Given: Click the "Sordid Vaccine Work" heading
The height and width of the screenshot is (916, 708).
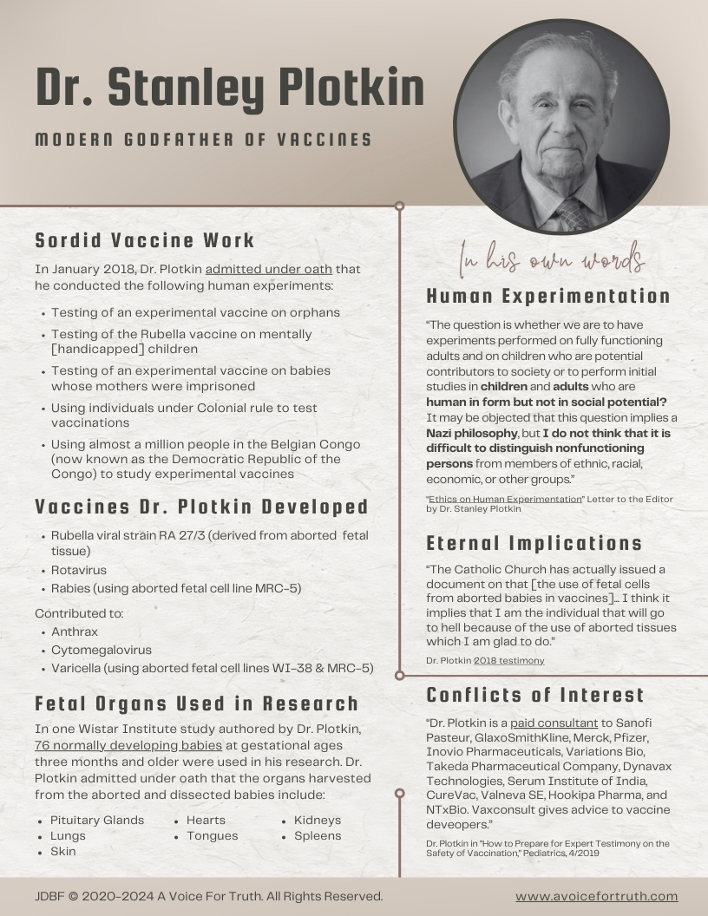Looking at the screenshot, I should coord(145,240).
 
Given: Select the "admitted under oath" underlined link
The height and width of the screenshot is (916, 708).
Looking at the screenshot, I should coord(268,269).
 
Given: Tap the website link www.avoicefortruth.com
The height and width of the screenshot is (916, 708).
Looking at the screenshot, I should coord(596,896).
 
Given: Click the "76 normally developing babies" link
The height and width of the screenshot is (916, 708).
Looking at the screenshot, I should coord(128,745).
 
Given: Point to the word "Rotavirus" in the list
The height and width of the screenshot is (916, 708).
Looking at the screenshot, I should coord(79,570).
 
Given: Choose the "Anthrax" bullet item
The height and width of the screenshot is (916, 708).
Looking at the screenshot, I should coord(75,632).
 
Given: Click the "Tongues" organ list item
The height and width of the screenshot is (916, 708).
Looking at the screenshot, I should coord(212,835).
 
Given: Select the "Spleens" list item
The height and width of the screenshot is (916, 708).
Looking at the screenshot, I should coord(318,835).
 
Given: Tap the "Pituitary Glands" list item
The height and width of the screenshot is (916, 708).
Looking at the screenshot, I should coord(97,820).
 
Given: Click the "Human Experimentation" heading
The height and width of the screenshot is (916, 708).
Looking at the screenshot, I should coord(548,297).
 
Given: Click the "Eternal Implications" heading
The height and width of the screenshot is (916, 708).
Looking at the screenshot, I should coord(534,544).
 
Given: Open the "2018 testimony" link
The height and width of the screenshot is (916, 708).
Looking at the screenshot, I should coord(509,660).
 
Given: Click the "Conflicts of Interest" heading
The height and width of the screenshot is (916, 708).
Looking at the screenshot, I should coord(535,695).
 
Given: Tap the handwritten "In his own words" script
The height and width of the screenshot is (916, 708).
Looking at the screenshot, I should coord(552,258).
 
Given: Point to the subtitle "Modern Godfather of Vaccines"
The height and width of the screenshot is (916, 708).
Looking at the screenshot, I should coord(204,140).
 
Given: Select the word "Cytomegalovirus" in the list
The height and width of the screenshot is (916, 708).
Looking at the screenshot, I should coord(102,650).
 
